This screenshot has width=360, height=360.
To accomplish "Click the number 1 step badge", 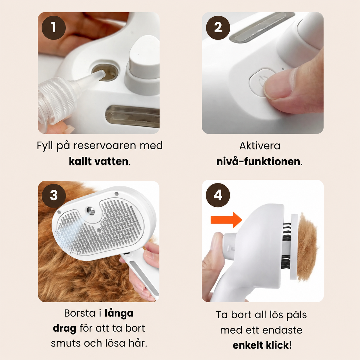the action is coord(54,28).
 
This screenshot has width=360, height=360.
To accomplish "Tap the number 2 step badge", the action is coord(218,28).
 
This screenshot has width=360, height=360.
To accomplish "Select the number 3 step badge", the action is coord(54,196).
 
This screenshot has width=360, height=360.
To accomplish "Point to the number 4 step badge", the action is coord(218,195).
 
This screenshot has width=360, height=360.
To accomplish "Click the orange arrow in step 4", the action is coord(227,220).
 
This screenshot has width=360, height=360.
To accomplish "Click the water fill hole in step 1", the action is coord(105,73).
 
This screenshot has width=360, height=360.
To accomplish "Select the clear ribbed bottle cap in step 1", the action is coord(56,99).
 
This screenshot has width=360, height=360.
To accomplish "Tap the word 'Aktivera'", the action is coord(260,146).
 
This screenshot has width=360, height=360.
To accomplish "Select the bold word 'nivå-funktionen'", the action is coord(258,161).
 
